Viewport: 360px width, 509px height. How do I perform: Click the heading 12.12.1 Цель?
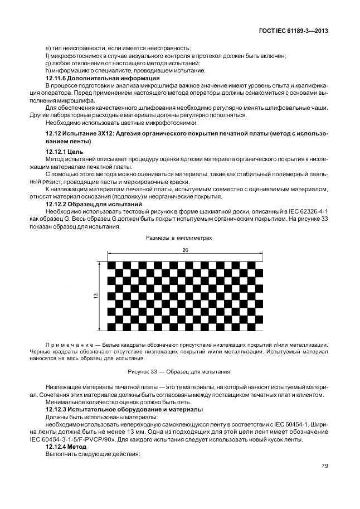click(64, 152)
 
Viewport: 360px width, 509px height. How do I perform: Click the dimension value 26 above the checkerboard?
click(185, 250)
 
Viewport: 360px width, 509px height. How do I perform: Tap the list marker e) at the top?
click(47, 49)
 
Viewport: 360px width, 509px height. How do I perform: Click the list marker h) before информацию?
click(47, 70)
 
